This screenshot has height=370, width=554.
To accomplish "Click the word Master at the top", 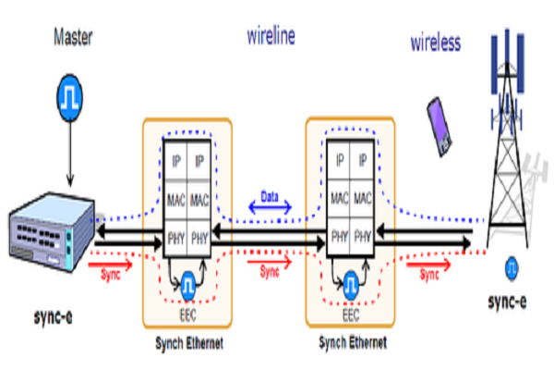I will click(x=73, y=38).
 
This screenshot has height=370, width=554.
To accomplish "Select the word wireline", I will click(x=271, y=37).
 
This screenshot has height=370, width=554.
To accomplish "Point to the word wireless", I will click(x=436, y=43).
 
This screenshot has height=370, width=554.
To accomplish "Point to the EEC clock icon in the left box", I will click(x=188, y=282).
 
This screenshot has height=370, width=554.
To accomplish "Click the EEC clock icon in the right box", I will click(x=351, y=282).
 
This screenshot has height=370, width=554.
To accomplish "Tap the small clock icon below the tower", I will click(x=510, y=269).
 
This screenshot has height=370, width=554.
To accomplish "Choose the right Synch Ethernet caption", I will click(x=351, y=344).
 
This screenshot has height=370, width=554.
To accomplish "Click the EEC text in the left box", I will click(x=188, y=314).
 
